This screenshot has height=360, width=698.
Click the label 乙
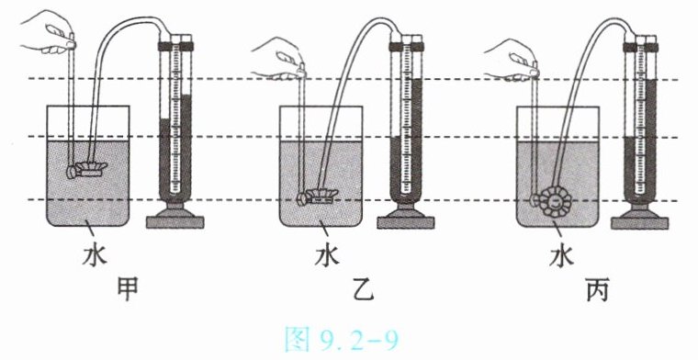tap(362, 289)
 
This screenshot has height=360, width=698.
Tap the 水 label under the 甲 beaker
tap(95, 255)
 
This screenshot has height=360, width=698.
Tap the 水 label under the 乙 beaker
tap(328, 255)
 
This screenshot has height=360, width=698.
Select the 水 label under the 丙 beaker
tap(561, 255)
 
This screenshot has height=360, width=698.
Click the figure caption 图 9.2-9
tap(342, 340)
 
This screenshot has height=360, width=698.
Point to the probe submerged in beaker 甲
tap(87, 169)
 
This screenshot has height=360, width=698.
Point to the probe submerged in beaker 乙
tap(318, 197)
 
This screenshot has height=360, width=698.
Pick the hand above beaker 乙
tap(279, 59)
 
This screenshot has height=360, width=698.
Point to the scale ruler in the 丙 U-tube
tap(640, 118)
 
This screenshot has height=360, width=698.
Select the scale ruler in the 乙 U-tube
tap(407, 118)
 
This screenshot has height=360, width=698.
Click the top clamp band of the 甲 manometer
tap(175, 46)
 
